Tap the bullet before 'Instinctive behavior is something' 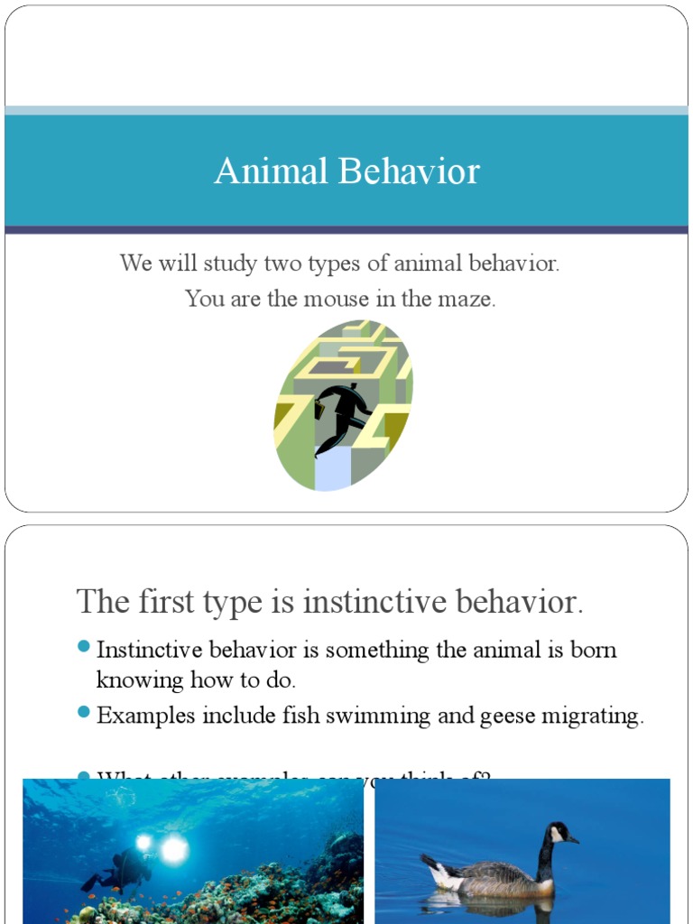tap(84, 646)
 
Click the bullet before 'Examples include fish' tap(84, 712)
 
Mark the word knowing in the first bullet tap(140, 679)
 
